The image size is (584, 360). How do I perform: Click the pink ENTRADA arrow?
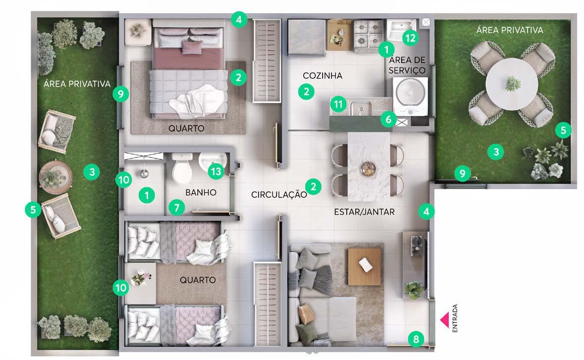coord(444,320)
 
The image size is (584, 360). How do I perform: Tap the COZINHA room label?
coord(322,76)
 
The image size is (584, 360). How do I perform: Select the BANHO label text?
coord(201,193)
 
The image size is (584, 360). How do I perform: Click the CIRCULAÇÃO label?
coord(279,195)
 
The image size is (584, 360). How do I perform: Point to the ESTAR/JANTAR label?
coord(364,212)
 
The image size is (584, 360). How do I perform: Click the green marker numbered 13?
coord(216,171)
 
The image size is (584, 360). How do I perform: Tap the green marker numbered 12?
coord(410,38)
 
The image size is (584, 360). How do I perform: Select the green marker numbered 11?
coord(338,104)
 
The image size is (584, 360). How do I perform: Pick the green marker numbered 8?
coord(416,339)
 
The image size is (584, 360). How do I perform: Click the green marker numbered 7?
coord(176,207)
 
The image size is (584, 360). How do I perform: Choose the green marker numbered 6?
coord(388,119)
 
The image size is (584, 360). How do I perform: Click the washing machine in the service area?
coord(410,96)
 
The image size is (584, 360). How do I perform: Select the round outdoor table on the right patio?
coord(512,84)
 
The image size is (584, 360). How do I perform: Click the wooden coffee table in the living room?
coord(365,266)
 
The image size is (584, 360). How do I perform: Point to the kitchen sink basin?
coord(360,108)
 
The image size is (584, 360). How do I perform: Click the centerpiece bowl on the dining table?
coord(368,169)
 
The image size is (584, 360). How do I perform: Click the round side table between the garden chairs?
coord(56,177)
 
